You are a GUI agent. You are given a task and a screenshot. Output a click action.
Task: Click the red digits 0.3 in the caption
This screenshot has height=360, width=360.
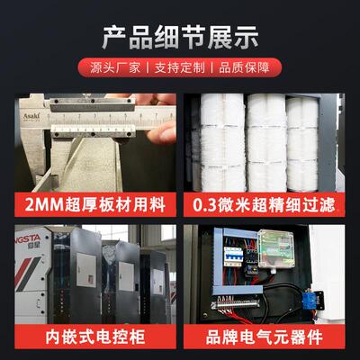pyautogui.click(x=203, y=204)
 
